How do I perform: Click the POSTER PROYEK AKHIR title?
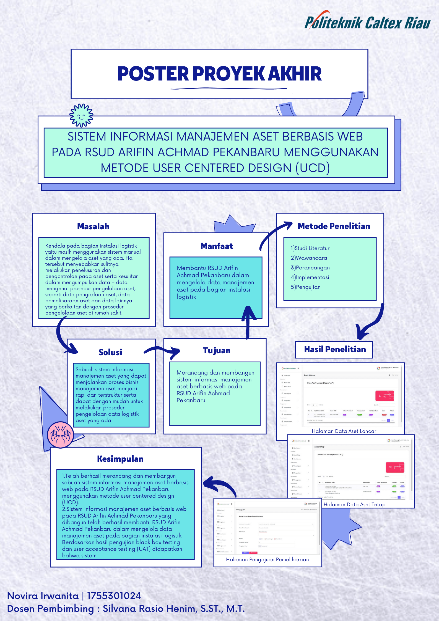pos(219,74)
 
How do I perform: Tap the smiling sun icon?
pos(81,116)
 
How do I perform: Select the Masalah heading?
pos(93,227)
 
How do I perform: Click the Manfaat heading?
pos(217,246)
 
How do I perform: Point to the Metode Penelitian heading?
pos(334,226)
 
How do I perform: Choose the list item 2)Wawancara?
pos(309,258)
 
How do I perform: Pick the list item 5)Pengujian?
pos(305,287)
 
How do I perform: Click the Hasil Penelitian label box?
pos(334,349)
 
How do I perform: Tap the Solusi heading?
pos(110,352)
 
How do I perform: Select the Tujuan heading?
pos(217,351)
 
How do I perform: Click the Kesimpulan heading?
pos(120,459)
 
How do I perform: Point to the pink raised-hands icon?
pos(60,435)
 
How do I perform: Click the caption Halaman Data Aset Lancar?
pos(344,431)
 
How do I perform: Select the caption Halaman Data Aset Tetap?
pos(354,504)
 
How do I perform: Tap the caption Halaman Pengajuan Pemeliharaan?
pos(267,560)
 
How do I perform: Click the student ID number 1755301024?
pos(114,596)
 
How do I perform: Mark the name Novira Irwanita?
pos(43,596)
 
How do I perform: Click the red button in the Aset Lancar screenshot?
pos(384,396)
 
